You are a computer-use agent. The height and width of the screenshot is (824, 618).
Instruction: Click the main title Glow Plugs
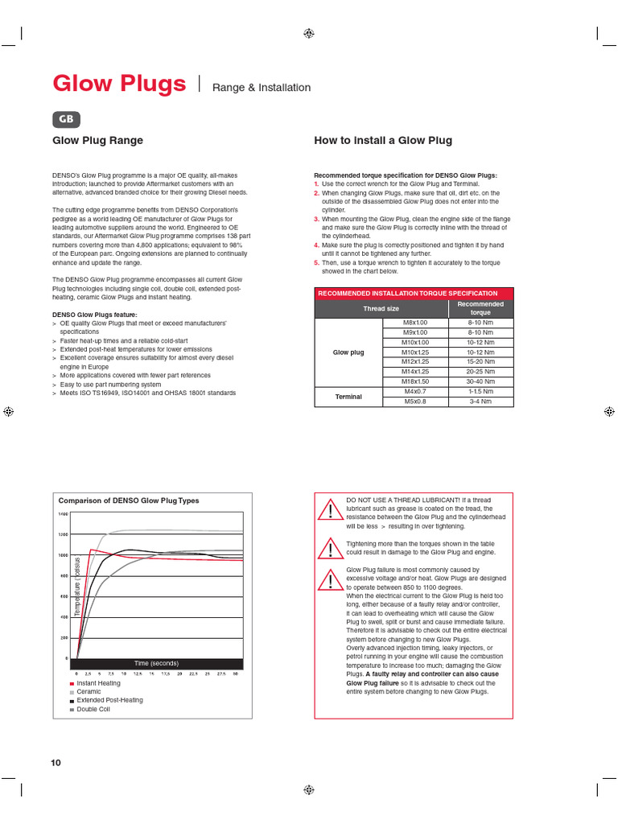(120, 84)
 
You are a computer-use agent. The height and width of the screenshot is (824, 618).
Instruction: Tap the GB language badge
(67, 119)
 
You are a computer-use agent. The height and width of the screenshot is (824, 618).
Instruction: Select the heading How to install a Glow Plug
(382, 141)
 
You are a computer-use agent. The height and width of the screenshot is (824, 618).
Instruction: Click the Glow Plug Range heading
(97, 141)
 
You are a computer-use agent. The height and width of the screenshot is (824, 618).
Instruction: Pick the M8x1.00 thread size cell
(414, 322)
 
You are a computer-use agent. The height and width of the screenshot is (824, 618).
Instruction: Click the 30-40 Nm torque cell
(480, 381)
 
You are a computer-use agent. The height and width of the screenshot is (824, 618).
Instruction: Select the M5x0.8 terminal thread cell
(414, 401)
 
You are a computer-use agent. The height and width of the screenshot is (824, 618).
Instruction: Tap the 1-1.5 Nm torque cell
(480, 391)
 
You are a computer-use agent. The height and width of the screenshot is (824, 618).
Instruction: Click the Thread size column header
(381, 308)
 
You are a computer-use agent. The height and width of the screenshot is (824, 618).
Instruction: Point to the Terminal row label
(348, 396)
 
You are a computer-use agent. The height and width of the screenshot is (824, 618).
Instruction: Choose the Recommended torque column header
(480, 308)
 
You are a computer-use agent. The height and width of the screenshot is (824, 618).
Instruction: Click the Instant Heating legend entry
(98, 682)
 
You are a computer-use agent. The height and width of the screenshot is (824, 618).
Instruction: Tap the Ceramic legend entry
(89, 691)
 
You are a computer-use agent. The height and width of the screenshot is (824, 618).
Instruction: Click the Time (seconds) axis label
(156, 663)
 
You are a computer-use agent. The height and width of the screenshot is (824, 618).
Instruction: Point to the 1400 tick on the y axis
(63, 513)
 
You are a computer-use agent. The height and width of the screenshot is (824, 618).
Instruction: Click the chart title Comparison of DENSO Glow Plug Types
(129, 501)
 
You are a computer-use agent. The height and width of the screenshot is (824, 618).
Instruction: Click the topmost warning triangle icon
(330, 509)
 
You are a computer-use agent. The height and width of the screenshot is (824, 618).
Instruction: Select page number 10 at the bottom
(56, 763)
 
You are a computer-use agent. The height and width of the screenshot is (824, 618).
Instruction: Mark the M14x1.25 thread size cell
(414, 372)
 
